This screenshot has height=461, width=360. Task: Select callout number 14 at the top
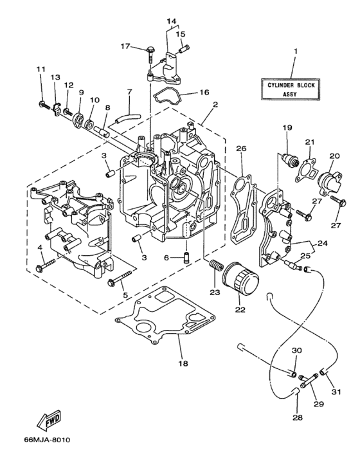[171, 21]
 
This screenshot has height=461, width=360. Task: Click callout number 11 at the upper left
[40, 69]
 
